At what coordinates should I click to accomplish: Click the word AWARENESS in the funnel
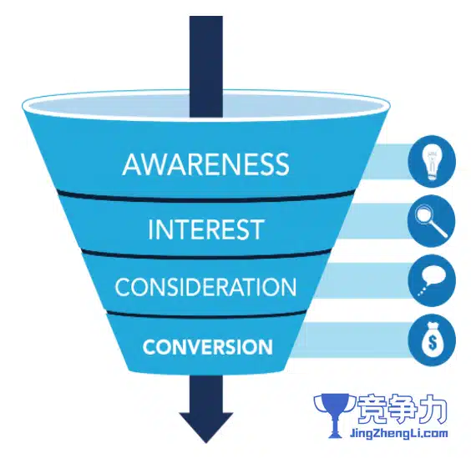pyautogui.click(x=205, y=164)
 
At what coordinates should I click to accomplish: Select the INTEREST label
pyautogui.click(x=206, y=229)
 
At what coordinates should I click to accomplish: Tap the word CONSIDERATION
pyautogui.click(x=205, y=287)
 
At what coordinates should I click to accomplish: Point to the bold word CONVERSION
pyautogui.click(x=208, y=347)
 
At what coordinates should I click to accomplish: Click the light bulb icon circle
pyautogui.click(x=432, y=162)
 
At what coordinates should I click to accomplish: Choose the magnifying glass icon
pyautogui.click(x=432, y=221)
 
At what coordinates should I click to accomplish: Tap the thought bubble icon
pyautogui.click(x=432, y=280)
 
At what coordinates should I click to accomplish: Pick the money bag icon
pyautogui.click(x=432, y=340)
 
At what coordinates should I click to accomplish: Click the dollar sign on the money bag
pyautogui.click(x=433, y=342)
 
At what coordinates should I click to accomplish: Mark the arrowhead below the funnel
pyautogui.click(x=206, y=427)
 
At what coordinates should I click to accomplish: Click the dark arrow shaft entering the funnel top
pyautogui.click(x=206, y=67)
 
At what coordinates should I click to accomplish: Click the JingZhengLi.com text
pyautogui.click(x=399, y=433)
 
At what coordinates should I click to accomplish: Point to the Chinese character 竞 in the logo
pyautogui.click(x=371, y=409)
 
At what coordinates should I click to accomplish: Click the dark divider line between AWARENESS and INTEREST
pyautogui.click(x=206, y=197)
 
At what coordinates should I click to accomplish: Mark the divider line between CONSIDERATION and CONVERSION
pyautogui.click(x=206, y=315)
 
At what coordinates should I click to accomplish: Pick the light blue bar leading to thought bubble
pyautogui.click(x=362, y=281)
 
